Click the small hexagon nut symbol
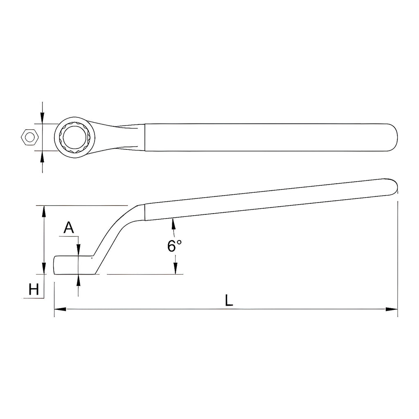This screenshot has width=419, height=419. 30,137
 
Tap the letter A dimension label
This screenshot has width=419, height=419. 69,228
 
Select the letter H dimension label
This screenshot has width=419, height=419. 34,289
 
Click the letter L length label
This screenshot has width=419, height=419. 229,300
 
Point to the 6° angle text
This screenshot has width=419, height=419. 174,246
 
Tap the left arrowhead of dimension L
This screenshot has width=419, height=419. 60,309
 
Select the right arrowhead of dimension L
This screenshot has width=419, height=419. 392,309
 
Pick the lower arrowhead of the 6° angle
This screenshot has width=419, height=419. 175,268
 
